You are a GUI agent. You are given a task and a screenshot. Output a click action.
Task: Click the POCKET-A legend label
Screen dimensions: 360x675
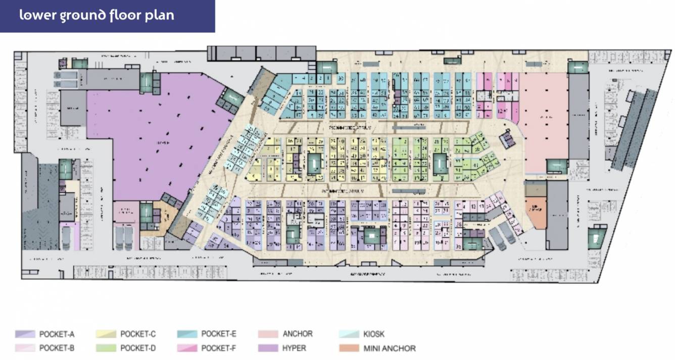point(57,334)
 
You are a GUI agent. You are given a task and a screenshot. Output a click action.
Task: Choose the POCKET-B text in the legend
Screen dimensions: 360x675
point(57,348)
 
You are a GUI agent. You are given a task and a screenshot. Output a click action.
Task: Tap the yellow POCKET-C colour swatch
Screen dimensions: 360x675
point(106,334)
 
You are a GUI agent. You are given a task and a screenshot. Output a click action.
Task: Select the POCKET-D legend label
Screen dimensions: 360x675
point(138,348)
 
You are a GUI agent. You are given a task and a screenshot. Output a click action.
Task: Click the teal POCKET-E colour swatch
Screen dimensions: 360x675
point(187,334)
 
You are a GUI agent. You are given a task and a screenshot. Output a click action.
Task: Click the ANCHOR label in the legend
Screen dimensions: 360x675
point(298,334)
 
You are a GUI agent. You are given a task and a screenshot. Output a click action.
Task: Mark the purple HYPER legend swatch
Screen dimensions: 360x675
point(268,348)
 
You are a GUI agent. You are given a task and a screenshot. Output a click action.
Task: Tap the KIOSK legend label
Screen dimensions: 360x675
point(374,334)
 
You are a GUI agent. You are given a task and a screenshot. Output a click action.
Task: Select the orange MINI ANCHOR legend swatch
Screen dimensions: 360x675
point(348,348)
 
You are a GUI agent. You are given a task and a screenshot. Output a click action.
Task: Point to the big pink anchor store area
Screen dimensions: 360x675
point(543,121)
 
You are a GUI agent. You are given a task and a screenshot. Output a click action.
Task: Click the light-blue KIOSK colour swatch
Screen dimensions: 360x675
point(348,334)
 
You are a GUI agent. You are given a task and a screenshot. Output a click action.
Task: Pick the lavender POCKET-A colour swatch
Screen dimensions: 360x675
point(25,334)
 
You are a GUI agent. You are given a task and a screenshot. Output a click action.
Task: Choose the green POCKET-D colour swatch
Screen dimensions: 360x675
point(106,348)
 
